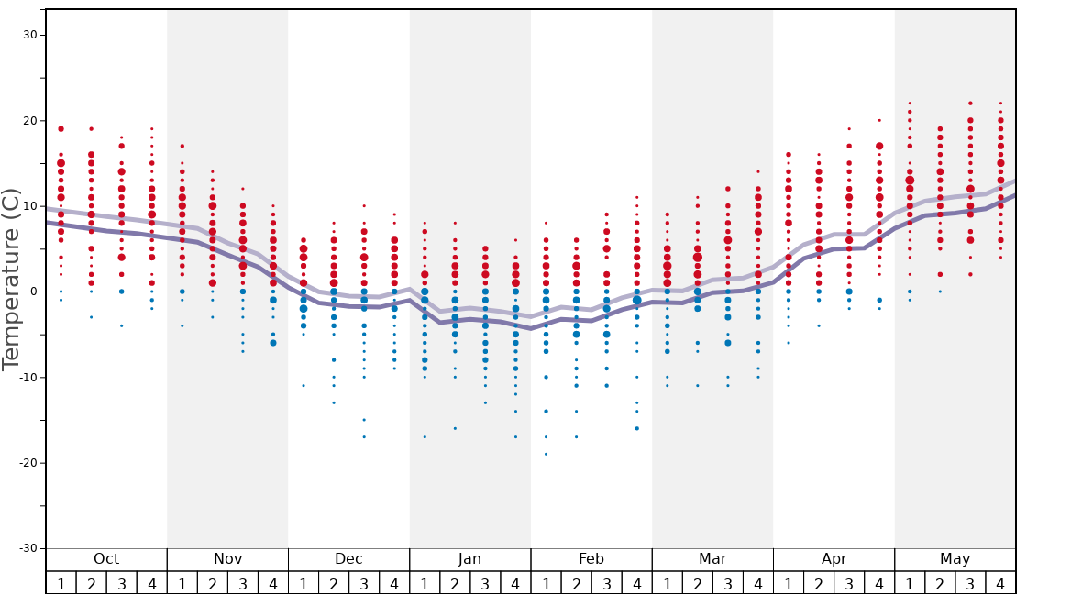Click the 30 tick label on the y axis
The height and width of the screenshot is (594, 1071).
tap(28, 35)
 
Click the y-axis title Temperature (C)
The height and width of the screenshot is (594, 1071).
tap(11, 279)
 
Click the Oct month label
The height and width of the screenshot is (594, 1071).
tap(106, 559)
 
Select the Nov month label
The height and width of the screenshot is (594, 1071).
tap(227, 559)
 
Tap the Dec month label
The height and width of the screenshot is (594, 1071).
tap(348, 559)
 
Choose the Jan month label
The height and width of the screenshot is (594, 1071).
tap(469, 559)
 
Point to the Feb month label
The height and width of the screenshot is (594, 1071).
tap(591, 559)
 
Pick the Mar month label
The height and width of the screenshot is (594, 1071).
tap(712, 559)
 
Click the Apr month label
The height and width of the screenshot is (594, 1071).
tap(834, 559)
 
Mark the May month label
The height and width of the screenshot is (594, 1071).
tap(955, 559)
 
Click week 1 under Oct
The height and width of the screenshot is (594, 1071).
tap(61, 584)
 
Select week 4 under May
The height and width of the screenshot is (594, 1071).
tap(1000, 584)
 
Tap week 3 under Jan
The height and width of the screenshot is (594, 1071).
tap(485, 584)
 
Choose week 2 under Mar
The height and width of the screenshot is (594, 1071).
tap(697, 584)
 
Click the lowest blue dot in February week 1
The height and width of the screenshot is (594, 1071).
tap(546, 454)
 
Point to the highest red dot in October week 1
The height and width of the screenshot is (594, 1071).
tap(61, 129)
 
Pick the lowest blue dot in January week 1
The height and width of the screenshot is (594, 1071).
tap(425, 437)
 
